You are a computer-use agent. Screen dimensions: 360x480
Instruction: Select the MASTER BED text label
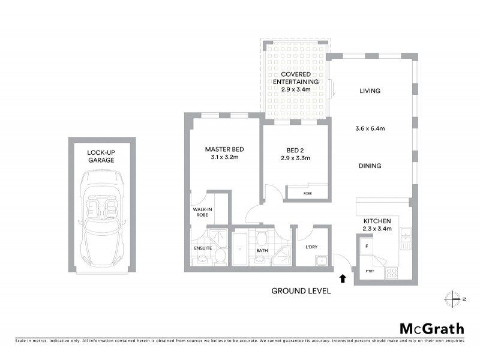[x=224, y=149]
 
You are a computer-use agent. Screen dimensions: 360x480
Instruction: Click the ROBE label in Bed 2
[x=307, y=194]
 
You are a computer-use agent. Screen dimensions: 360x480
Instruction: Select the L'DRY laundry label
[x=311, y=247]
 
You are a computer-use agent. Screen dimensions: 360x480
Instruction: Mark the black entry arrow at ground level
[x=343, y=278]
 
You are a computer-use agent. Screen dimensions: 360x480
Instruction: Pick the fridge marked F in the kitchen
[x=365, y=246]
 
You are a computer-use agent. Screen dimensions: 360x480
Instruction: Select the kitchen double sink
[x=405, y=238]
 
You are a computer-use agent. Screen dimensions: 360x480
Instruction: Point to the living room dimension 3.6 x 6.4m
[x=370, y=128]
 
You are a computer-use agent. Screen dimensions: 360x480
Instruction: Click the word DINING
[x=370, y=166]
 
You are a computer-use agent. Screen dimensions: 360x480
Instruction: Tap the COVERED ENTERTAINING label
[x=296, y=78]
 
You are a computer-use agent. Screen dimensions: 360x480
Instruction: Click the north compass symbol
[x=452, y=298]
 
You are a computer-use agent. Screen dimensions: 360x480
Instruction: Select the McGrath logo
[x=432, y=328]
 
